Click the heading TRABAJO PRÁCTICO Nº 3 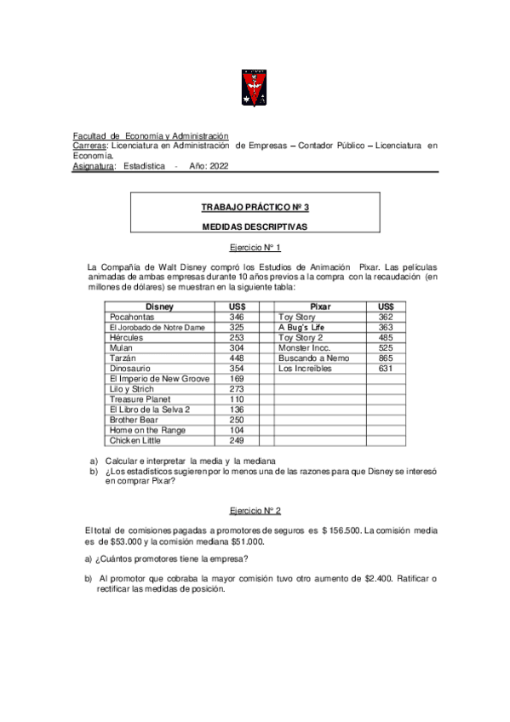[255, 207]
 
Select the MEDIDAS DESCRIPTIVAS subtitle [255, 227]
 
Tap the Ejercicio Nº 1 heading [255, 248]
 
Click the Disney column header [159, 306]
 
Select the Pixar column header [320, 306]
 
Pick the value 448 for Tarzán [237, 358]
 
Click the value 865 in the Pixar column [386, 358]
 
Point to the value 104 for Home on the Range [237, 430]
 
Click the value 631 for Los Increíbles [386, 369]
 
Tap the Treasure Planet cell [140, 399]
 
